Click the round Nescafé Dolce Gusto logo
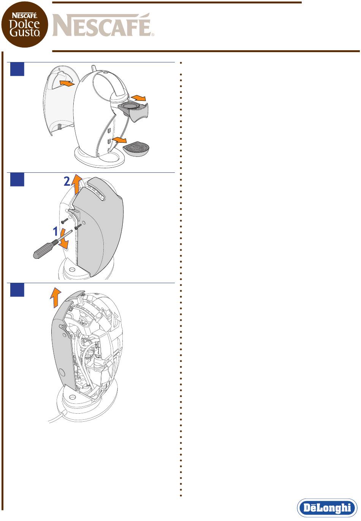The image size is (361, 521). (25, 24)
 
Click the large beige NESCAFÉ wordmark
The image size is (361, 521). (103, 25)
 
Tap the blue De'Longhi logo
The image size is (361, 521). (327, 508)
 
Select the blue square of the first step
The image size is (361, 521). (17, 69)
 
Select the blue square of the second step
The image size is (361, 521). (17, 180)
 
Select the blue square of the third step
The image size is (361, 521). (17, 290)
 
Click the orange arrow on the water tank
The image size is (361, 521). (67, 83)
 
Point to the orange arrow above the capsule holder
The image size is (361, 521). (138, 98)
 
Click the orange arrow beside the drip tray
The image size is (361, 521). (119, 140)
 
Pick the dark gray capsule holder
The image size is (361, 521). (134, 111)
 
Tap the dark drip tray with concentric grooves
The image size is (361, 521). (136, 149)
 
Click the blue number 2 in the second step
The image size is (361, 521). (67, 182)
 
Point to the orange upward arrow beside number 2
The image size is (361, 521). (76, 184)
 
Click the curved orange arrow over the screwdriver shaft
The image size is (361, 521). (63, 239)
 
